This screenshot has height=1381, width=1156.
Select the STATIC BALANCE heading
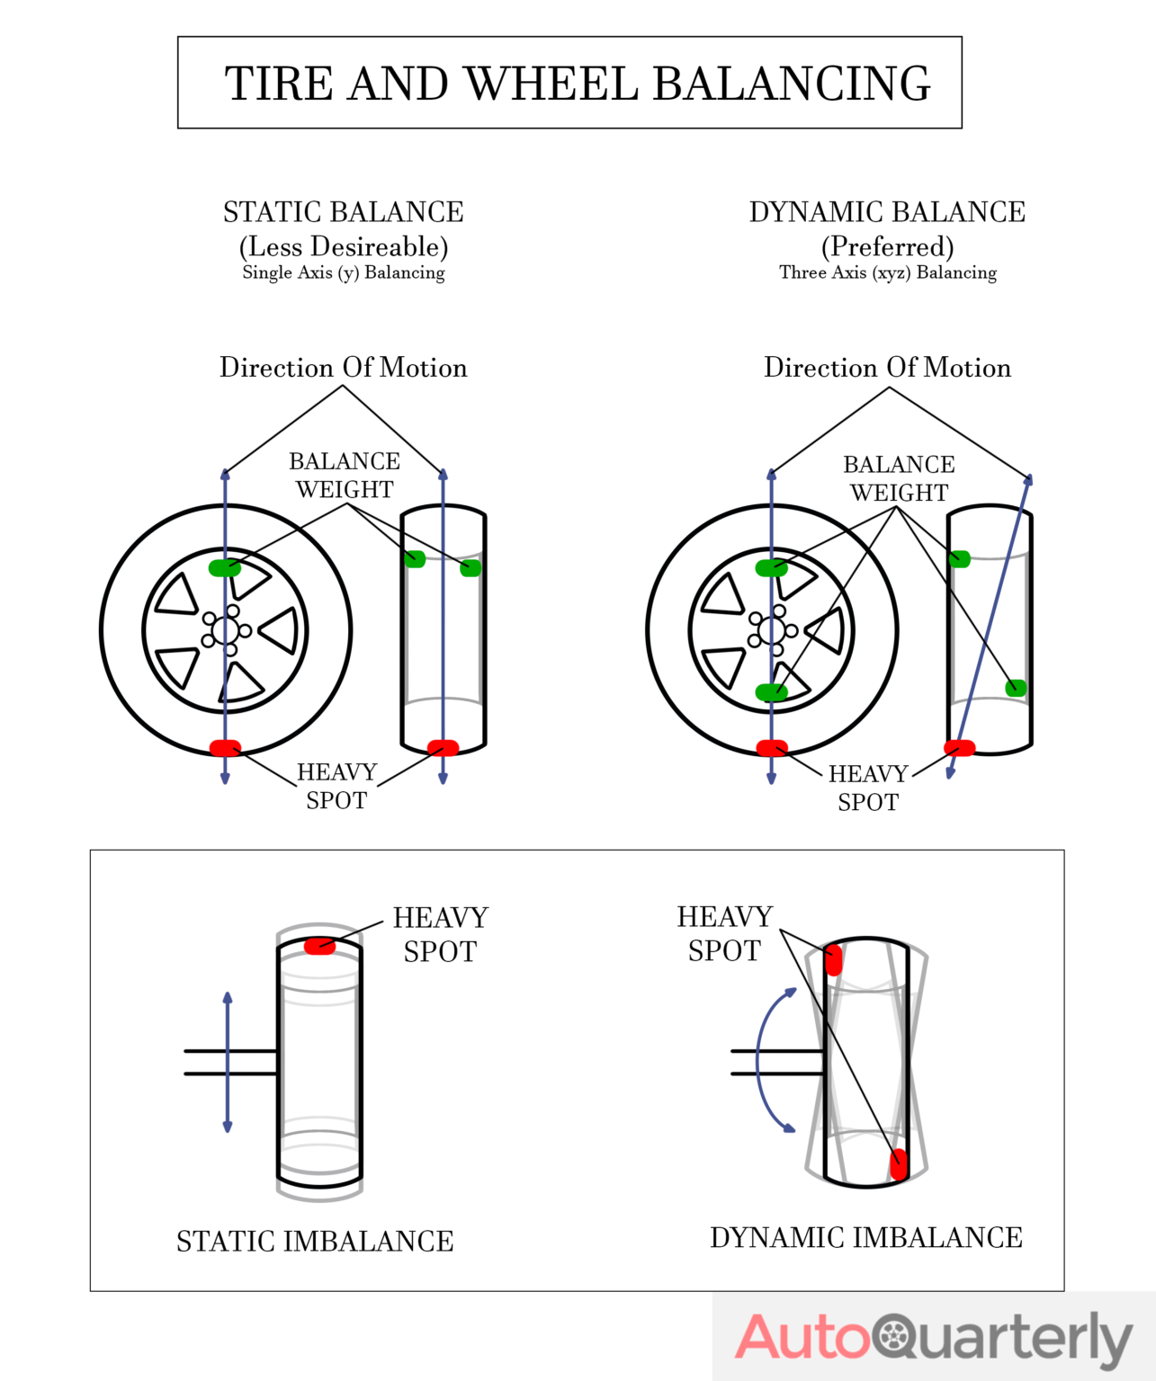343,212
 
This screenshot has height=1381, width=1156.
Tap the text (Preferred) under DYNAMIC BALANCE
887,246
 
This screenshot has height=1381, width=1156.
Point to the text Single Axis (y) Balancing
343,272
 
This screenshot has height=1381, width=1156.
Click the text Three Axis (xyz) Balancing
887,272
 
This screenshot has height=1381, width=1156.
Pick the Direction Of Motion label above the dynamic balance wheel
887,368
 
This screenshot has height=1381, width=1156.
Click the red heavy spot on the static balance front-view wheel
225,748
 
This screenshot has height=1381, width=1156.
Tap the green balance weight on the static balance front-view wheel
225,567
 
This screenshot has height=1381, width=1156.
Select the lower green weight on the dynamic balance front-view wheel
771,692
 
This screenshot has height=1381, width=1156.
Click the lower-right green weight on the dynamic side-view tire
1016,688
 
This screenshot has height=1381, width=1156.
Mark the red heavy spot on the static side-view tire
443,747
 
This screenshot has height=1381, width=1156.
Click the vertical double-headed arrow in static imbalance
228,1062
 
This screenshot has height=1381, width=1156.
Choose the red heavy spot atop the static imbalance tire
319,946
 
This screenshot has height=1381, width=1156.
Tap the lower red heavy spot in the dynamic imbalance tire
898,1164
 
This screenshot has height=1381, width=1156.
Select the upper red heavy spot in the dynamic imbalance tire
833,959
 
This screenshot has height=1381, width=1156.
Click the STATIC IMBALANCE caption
315,1242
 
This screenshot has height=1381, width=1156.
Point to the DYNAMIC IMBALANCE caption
865,1238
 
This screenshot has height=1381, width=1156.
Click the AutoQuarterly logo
933,1338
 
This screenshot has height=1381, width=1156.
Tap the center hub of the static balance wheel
225,630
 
